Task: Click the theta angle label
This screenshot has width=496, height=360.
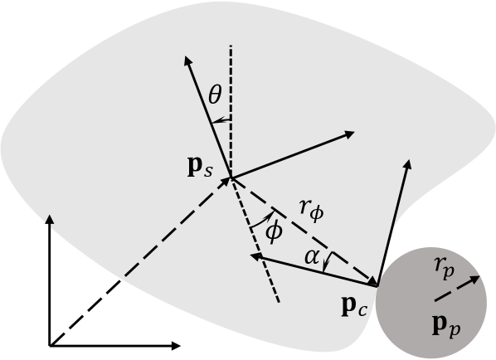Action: point(214,97)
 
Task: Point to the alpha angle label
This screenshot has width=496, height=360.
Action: point(311,258)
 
